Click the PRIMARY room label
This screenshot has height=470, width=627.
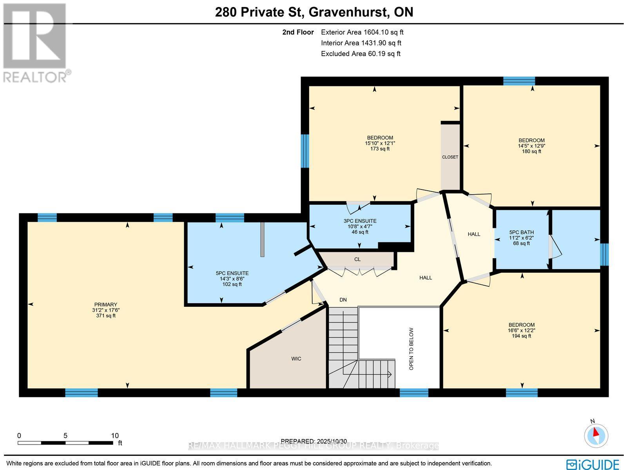pos(105,304)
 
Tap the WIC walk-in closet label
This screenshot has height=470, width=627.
pos(296,359)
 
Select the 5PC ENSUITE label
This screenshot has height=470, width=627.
pos(232,273)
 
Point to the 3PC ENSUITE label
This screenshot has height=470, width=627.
pos(360,221)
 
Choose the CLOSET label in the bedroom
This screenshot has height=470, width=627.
pos(450,157)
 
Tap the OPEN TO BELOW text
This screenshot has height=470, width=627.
pos(411,349)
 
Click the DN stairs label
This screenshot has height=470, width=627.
pos(343,300)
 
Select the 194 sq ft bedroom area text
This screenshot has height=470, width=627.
pos(521,336)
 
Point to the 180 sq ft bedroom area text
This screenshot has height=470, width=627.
pos(531,151)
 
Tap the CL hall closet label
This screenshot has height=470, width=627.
pos(357,259)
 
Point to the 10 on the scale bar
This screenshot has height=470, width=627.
pos(114,435)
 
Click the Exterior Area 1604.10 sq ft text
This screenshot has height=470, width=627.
pos(362,33)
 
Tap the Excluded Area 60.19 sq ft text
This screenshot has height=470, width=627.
pos(360,54)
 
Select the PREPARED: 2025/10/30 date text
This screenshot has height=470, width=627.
pos(314,441)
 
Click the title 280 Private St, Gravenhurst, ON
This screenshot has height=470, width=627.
pos(314,12)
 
